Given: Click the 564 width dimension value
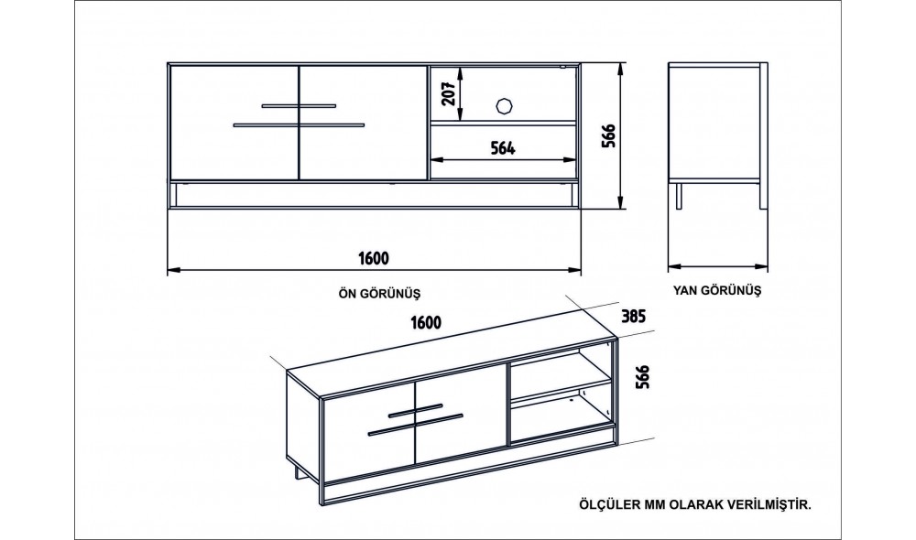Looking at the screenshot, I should click(x=502, y=147).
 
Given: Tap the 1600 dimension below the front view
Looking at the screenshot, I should click(x=375, y=257).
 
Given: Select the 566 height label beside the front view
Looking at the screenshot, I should click(x=606, y=135).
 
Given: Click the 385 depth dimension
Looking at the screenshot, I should click(x=634, y=317).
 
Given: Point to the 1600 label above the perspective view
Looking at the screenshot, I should click(x=427, y=322).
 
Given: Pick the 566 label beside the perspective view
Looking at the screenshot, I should click(x=641, y=377).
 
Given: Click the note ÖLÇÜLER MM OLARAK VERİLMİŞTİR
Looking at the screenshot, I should click(x=696, y=503).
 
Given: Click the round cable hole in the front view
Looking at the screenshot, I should click(x=503, y=104).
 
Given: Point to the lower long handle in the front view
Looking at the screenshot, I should click(x=299, y=124).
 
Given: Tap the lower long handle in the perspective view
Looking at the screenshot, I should click(x=414, y=424).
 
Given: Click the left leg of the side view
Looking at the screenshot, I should click(x=679, y=197).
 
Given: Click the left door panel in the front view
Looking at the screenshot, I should click(x=234, y=122).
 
